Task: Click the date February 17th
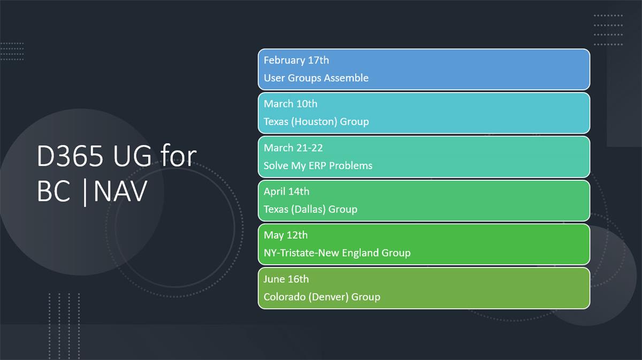pos(296,60)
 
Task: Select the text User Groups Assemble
pos(316,78)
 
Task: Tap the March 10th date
pos(291,104)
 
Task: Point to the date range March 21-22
pos(293,148)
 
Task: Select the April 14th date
pos(287,192)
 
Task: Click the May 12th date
pos(286,235)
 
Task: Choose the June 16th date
pos(286,279)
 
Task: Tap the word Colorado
pos(285,297)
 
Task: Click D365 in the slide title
pos(70,156)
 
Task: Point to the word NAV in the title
pos(120,191)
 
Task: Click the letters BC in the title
pos(53,191)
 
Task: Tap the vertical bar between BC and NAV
pos(85,192)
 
